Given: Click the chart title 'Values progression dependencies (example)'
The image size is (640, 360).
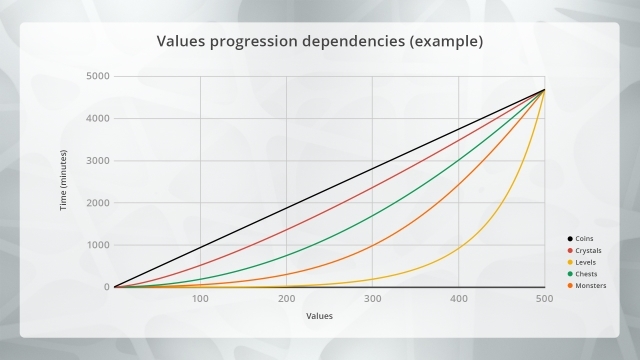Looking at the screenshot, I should tap(320, 43).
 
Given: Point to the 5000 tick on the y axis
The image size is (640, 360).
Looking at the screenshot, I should tap(96, 76).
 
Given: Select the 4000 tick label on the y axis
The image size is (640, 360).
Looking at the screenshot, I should tap(96, 118).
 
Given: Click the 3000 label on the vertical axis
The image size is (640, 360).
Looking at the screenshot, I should tap(96, 160).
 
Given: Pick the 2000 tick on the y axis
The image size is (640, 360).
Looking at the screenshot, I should tap(96, 203).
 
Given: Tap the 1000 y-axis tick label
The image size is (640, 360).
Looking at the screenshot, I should tap(96, 245).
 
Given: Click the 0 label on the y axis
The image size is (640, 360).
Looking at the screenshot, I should tap(104, 287).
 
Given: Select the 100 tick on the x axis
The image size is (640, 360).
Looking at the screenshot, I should tap(200, 299).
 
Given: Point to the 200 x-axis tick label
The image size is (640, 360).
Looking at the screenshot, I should tap(286, 299).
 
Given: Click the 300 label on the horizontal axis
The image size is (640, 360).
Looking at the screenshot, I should tap(372, 299).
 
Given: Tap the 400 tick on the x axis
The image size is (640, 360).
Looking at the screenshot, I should tap(458, 299).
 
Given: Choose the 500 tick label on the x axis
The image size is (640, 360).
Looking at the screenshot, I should tap(544, 299).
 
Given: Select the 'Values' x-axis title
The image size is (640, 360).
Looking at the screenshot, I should tap(320, 316).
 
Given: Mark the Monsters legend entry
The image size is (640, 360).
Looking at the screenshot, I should tap(592, 285).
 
